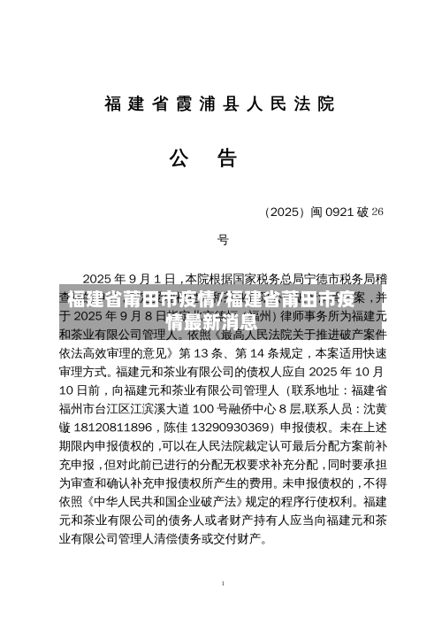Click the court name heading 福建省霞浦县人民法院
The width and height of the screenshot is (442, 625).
tap(220, 104)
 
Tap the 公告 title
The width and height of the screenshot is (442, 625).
tap(204, 158)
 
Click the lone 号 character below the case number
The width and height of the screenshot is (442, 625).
tap(224, 240)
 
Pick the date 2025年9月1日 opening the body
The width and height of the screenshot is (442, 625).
tap(131, 276)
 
